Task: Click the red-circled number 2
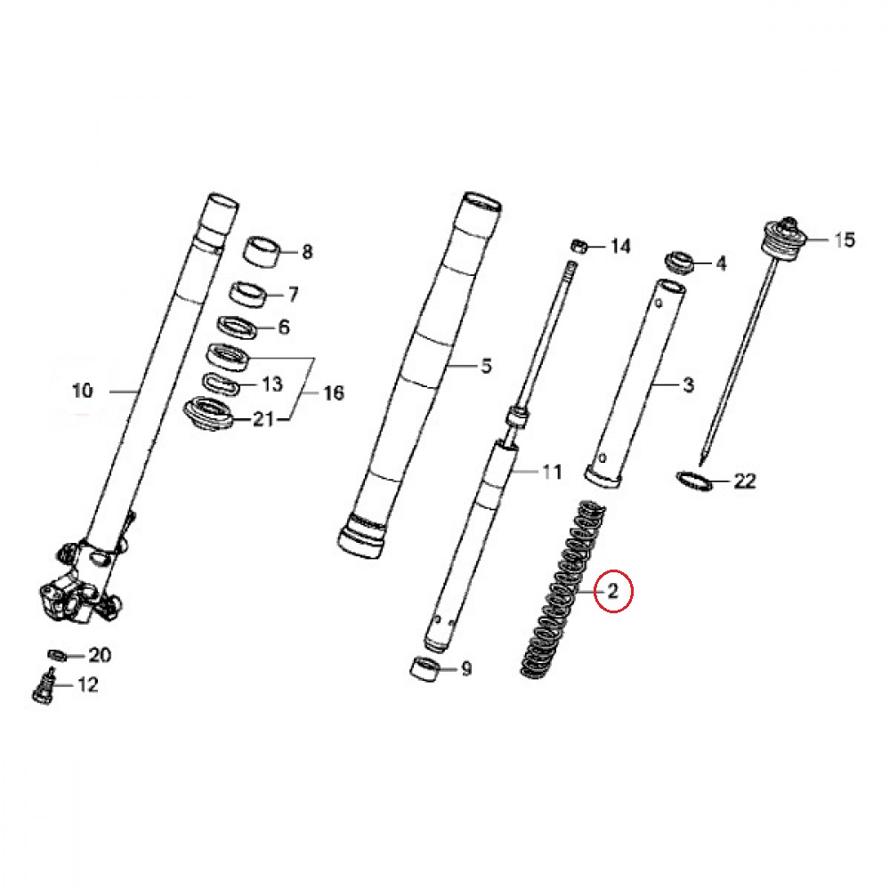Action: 612,592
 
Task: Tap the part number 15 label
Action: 844,239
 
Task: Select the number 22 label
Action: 745,481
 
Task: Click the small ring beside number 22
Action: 694,481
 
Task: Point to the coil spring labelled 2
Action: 562,590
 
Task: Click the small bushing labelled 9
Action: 425,668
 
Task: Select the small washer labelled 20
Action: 57,655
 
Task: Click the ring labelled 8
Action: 263,251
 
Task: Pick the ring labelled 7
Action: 248,294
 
